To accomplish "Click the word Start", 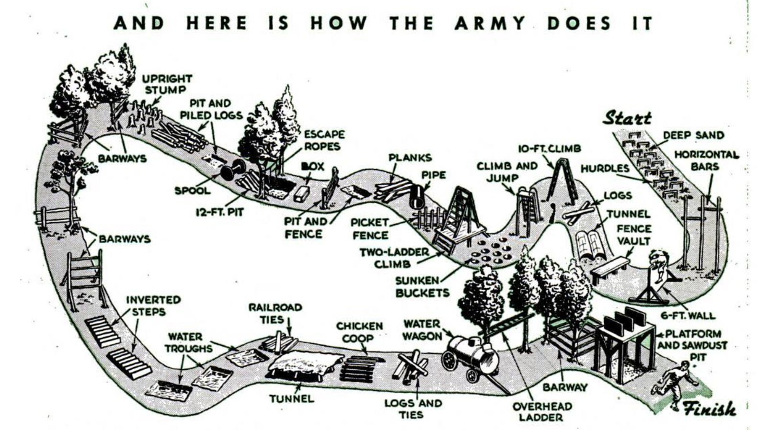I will [627, 117].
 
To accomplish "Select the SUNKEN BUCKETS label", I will [422, 286].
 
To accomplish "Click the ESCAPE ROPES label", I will [324, 140].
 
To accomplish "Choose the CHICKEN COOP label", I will [359, 332].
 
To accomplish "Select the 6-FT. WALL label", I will [688, 316].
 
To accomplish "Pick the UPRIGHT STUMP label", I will [167, 84].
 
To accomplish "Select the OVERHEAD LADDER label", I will [542, 412].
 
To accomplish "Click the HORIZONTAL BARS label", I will [706, 160].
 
